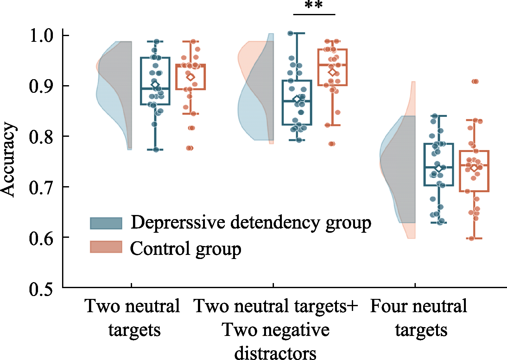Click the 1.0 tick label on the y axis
[42, 35]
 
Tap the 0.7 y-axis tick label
[42, 187]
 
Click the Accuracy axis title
[8, 160]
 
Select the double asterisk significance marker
[314, 5]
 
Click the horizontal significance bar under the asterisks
[314, 15]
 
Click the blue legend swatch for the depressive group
[106, 223]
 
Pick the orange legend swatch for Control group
[106, 247]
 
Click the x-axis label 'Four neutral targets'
[419, 318]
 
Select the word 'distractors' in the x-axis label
[275, 352]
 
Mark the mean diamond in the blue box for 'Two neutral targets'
[155, 85]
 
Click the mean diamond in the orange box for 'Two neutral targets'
[191, 77]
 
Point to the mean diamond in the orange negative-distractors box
[332, 73]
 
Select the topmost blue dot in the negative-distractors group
[291, 34]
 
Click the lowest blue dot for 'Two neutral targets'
[156, 149]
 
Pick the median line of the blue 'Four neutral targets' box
[439, 167]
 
